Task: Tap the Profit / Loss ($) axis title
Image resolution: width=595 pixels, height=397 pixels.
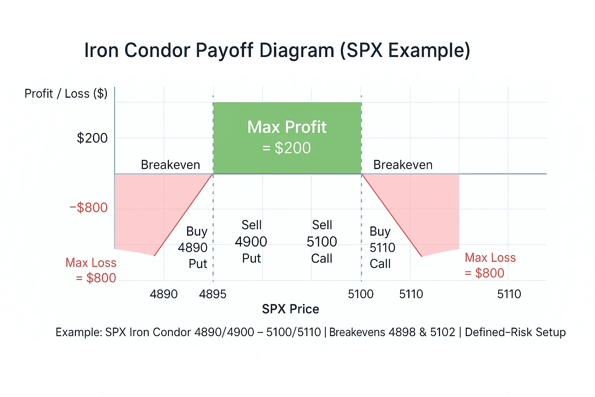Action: click(66, 94)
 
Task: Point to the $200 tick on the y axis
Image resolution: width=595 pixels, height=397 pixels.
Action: click(92, 138)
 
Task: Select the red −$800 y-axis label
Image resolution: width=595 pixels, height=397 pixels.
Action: click(88, 208)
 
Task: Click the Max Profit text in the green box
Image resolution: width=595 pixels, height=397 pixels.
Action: click(287, 127)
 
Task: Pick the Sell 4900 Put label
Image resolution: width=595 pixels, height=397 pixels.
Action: click(251, 242)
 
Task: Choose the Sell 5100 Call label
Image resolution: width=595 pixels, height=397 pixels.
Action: click(322, 242)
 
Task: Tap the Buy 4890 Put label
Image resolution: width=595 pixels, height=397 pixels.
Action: click(193, 247)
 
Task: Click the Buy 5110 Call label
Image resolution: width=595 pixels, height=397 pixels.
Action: click(382, 247)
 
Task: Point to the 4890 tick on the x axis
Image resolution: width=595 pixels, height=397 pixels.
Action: click(163, 294)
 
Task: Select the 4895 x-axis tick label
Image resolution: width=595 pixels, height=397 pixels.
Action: click(213, 294)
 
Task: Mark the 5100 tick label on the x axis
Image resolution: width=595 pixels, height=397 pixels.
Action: click(361, 294)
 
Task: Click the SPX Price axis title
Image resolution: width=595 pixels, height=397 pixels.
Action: click(291, 309)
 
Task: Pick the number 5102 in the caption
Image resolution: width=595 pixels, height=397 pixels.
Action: click(443, 332)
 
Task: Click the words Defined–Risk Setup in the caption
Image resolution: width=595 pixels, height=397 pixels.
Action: click(515, 332)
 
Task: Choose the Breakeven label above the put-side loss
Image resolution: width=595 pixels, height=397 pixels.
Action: click(170, 165)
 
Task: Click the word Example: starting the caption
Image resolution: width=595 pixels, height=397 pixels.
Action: click(79, 332)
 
